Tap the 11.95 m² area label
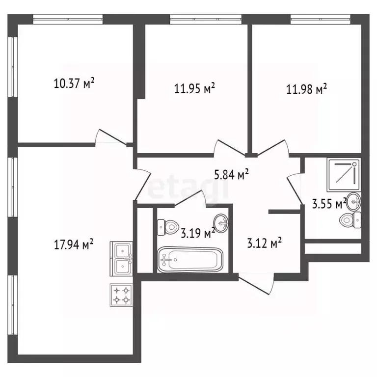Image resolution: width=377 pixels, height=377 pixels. point(194,88)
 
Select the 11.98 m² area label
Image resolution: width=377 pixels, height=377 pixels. point(306,89)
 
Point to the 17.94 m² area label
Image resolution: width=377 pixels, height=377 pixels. point(74,244)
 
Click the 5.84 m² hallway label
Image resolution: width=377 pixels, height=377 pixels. point(231,174)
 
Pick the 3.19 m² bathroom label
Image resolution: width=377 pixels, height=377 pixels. point(198,233)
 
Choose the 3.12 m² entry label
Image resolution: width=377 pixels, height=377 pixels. point(265,243)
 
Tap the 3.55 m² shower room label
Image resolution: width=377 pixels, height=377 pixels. point(329,204)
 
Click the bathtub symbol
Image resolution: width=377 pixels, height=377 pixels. point(190,260)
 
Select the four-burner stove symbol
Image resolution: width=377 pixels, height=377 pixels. point(121,295)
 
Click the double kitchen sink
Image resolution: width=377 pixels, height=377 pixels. point(121,259)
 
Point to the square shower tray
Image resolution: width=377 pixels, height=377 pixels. point(344,175)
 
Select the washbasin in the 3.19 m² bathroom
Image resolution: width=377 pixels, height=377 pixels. point(221,223)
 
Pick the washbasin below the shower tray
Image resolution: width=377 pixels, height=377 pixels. point(354,201)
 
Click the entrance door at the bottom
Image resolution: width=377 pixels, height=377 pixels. point(256,284)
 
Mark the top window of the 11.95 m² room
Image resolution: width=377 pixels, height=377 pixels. point(206,19)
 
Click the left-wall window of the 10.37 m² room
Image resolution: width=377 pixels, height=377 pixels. point(12,67)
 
